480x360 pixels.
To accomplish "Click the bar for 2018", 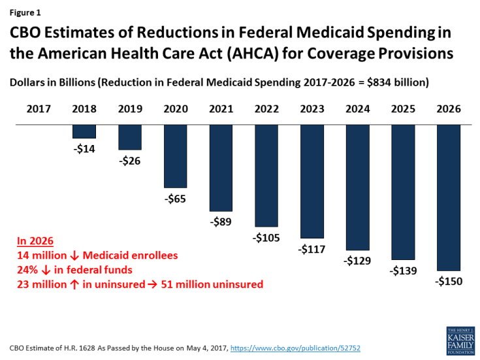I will (84, 131).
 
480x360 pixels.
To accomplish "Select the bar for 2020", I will (176, 156).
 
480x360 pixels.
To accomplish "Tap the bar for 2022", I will (266, 175).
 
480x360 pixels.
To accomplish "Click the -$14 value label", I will (84, 148).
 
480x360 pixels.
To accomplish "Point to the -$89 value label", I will (221, 222).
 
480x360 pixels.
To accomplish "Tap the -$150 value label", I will (449, 282).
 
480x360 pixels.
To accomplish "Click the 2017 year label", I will (39, 109).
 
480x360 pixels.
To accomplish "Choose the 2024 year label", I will (358, 109).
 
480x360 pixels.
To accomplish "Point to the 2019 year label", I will (130, 109).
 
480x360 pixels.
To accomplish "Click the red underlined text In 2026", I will (35, 241).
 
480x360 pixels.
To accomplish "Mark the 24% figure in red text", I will (28, 270).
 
